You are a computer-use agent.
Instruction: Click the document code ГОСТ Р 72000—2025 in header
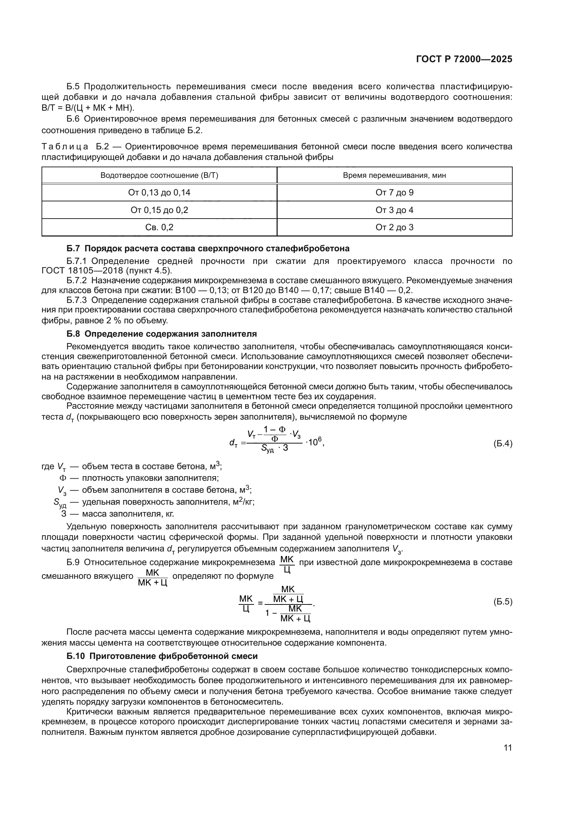coord(464,59)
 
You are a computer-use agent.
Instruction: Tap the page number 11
coord(507,748)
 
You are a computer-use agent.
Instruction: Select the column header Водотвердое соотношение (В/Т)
coord(159,175)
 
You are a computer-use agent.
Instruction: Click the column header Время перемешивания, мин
coord(394,175)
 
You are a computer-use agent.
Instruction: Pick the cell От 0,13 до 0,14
coord(159,193)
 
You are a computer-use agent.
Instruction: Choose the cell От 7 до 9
coord(394,193)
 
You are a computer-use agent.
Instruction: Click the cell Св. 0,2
coord(159,227)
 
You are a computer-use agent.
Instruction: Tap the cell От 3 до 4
coord(394,210)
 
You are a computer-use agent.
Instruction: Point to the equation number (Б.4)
coord(503,444)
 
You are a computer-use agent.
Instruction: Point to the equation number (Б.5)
coord(503,602)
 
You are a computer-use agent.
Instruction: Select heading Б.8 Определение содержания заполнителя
coord(162,334)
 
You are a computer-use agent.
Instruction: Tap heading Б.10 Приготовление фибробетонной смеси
coord(162,656)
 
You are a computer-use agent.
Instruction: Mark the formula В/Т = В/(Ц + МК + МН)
coord(88,108)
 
